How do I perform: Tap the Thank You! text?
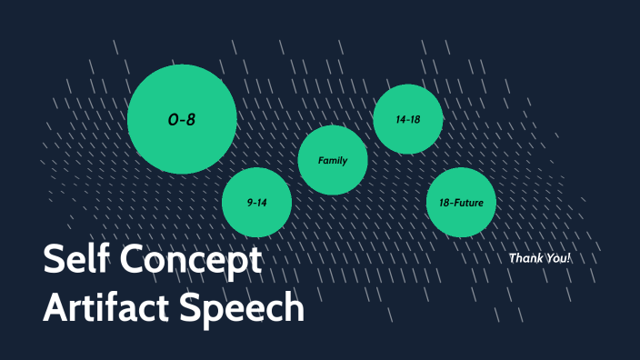tap(540, 258)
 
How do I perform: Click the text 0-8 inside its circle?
tap(182, 120)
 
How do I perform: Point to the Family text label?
tap(333, 161)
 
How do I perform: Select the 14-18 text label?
tap(408, 119)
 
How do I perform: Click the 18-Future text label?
tap(461, 203)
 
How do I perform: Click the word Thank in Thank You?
tap(526, 258)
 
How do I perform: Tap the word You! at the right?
tap(558, 258)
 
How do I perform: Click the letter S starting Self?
tap(55, 262)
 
